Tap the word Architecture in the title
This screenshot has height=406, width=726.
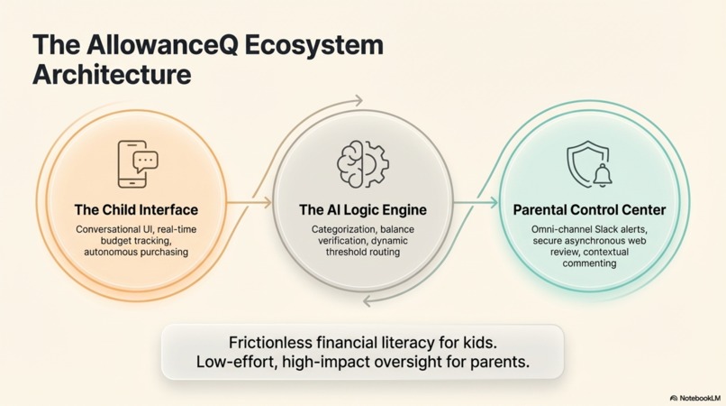[112, 75]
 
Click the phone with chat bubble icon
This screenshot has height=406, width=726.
[136, 163]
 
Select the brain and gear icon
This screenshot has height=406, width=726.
[362, 164]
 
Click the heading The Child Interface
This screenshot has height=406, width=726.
[136, 210]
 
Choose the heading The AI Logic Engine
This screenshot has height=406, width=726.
[362, 210]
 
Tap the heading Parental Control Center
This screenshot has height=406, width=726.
[589, 210]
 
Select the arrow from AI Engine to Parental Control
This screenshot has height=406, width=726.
[475, 203]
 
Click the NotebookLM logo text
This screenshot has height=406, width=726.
[699, 397]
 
